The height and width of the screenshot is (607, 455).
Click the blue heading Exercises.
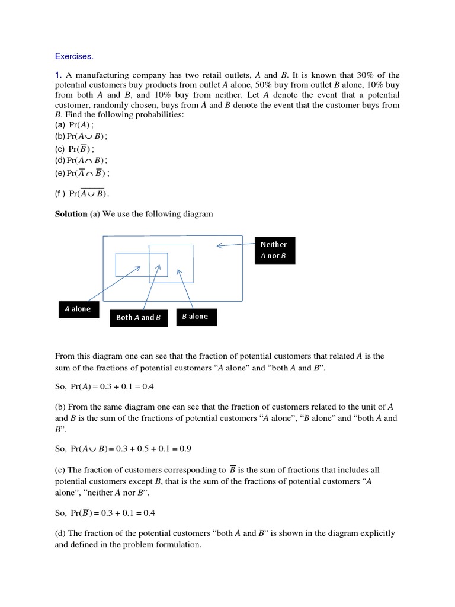(x=74, y=56)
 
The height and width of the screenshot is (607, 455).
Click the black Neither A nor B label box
(x=274, y=250)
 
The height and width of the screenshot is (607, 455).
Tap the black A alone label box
(x=78, y=309)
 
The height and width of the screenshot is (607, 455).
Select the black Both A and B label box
(x=139, y=317)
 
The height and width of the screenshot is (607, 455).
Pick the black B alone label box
(x=196, y=317)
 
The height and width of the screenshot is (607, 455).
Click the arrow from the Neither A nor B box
(x=237, y=245)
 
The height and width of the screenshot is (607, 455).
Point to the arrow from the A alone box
(x=113, y=284)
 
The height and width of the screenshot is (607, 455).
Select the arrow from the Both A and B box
(x=151, y=287)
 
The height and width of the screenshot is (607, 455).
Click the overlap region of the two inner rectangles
(x=158, y=264)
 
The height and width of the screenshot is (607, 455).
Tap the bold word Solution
(x=71, y=213)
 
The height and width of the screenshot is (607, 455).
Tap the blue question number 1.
(x=58, y=75)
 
